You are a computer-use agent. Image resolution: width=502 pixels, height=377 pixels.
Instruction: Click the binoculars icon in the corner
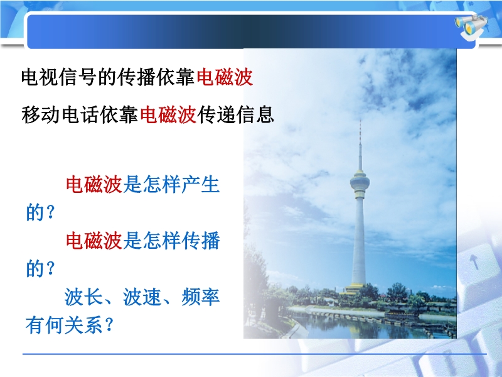[471, 27]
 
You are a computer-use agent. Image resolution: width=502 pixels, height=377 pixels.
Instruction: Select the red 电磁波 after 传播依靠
[225, 77]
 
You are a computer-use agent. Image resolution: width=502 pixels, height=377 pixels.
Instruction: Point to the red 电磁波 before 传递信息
[168, 115]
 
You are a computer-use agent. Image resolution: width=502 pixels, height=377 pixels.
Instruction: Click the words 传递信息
[236, 115]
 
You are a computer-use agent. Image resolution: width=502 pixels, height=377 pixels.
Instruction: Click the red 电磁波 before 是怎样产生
[93, 184]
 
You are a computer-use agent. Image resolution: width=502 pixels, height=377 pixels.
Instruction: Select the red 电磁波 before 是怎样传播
[93, 241]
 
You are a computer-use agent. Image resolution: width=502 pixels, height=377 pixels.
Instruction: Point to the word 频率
[200, 297]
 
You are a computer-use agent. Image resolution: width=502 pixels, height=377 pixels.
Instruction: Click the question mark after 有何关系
[109, 325]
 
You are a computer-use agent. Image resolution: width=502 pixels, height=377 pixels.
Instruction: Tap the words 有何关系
[64, 325]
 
